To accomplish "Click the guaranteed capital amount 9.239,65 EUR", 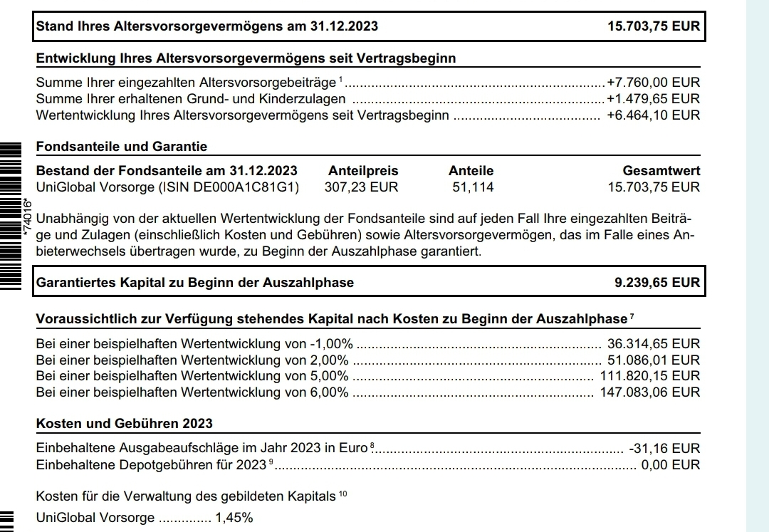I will tap(656, 283).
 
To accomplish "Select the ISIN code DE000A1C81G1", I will tap(249, 187).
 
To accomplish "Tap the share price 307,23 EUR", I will tap(361, 187).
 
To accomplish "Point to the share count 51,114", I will tap(473, 187).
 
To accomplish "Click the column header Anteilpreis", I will tap(363, 171).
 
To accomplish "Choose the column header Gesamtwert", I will tap(661, 171).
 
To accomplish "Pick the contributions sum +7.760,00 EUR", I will tap(653, 83).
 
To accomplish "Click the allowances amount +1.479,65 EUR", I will tap(653, 99).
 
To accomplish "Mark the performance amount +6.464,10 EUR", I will tap(653, 115).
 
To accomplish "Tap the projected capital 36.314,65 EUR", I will tap(653, 343).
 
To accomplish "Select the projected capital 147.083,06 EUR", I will tap(650, 392).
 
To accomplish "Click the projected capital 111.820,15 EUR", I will tap(650, 376).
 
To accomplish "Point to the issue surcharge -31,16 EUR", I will tap(664, 449).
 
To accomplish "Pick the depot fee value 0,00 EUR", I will tap(671, 465).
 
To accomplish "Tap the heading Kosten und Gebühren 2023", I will tap(124, 424).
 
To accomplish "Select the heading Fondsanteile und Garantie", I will tap(121, 147).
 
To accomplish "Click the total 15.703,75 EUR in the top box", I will tap(653, 27).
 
